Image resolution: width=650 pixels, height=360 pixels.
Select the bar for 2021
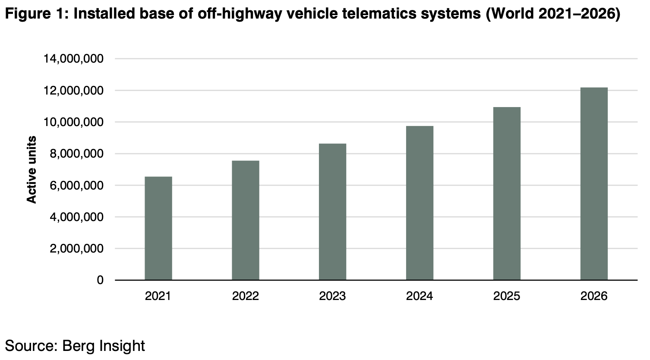coord(158,228)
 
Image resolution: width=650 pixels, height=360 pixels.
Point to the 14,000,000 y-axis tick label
coord(73,59)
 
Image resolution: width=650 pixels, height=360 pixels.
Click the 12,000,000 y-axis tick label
coord(73,91)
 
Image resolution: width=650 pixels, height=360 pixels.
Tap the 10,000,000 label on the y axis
coord(73,122)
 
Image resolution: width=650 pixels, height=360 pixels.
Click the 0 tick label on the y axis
coord(100,280)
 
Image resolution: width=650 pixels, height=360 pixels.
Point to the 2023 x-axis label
coord(332,296)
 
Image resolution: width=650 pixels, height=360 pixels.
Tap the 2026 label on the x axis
coord(594,296)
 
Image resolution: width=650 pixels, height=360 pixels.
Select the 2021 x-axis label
coord(158,296)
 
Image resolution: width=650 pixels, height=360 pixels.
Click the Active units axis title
coord(32,169)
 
